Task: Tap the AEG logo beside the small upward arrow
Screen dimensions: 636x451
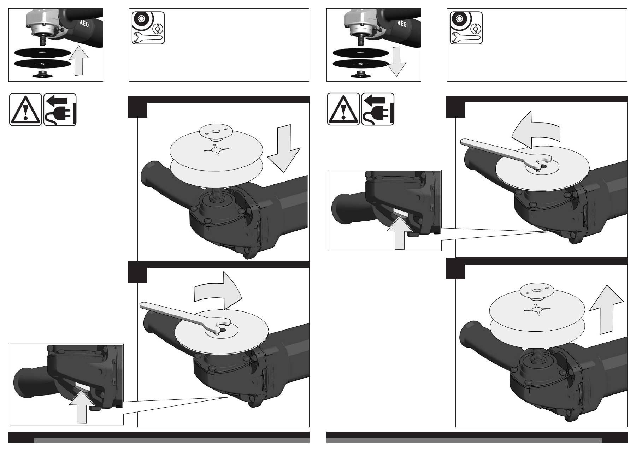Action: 82,24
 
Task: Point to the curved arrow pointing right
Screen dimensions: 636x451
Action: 218,290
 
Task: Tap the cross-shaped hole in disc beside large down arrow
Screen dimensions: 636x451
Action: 216,150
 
